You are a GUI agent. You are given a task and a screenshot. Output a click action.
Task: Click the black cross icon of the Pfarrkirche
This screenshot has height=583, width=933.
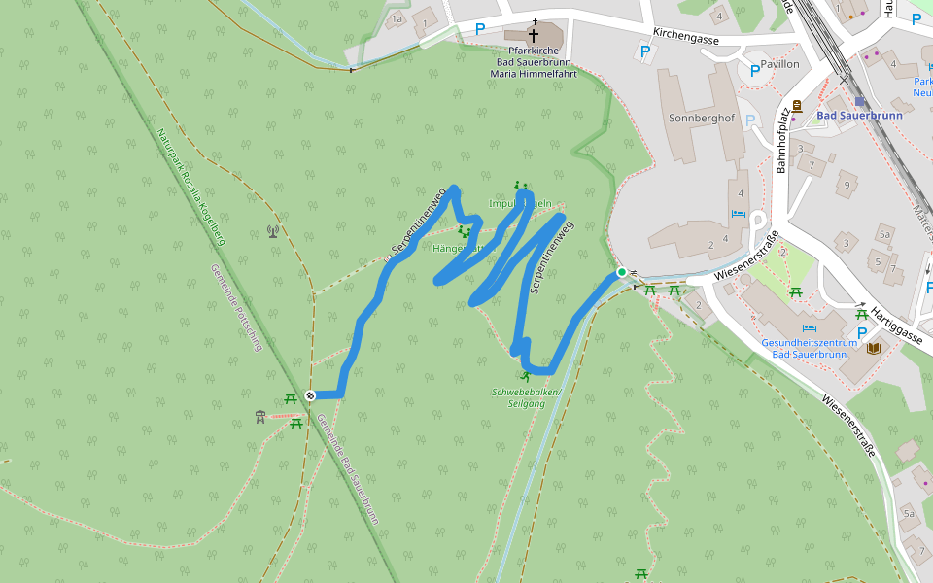pyautogui.click(x=533, y=33)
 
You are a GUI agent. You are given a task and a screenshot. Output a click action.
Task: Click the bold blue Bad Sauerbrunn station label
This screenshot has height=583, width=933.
pyautogui.click(x=859, y=115)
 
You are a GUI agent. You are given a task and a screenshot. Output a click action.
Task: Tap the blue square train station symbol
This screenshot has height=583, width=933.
pyautogui.click(x=859, y=101)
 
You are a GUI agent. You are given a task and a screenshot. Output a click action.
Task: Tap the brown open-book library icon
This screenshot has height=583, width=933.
pyautogui.click(x=873, y=348)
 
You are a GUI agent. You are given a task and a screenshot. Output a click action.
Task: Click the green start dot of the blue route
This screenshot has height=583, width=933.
pyautogui.click(x=621, y=272)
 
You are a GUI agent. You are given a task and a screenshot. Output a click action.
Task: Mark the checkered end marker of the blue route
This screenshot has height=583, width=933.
pyautogui.click(x=310, y=394)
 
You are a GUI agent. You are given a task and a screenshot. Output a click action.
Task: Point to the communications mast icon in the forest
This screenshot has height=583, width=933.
pyautogui.click(x=273, y=231)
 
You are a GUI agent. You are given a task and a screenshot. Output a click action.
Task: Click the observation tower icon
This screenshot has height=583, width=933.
pyautogui.click(x=259, y=417)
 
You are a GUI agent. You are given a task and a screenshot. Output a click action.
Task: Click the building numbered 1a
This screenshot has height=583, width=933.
pyautogui.click(x=396, y=18)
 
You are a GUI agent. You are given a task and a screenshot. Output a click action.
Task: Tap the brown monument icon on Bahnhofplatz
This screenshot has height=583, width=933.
pyautogui.click(x=797, y=106)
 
